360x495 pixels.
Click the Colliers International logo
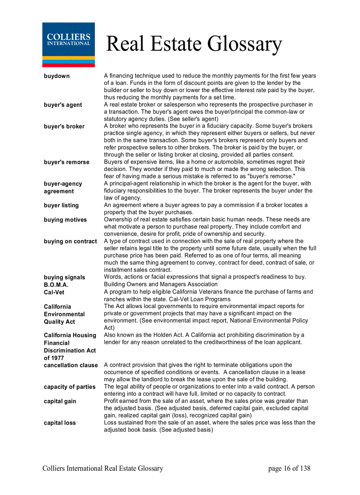tap(68, 45)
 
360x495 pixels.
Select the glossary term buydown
tap(56, 76)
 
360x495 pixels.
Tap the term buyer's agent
tap(63, 105)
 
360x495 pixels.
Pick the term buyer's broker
tap(64, 127)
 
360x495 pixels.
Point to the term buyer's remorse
tap(66, 162)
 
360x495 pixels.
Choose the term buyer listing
tap(61, 205)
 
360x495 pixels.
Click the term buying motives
tap(65, 220)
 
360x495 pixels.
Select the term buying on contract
tap(70, 242)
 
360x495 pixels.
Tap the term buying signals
tap(64, 277)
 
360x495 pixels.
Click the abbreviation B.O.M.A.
tap(56, 285)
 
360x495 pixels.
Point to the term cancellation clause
tap(71, 365)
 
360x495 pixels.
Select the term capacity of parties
tap(69, 387)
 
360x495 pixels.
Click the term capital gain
tap(60, 402)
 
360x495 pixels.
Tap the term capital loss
tap(60, 423)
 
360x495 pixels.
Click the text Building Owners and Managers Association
tap(161, 284)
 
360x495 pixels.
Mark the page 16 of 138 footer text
tap(289, 469)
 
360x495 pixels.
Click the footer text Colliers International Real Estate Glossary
tap(103, 469)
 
